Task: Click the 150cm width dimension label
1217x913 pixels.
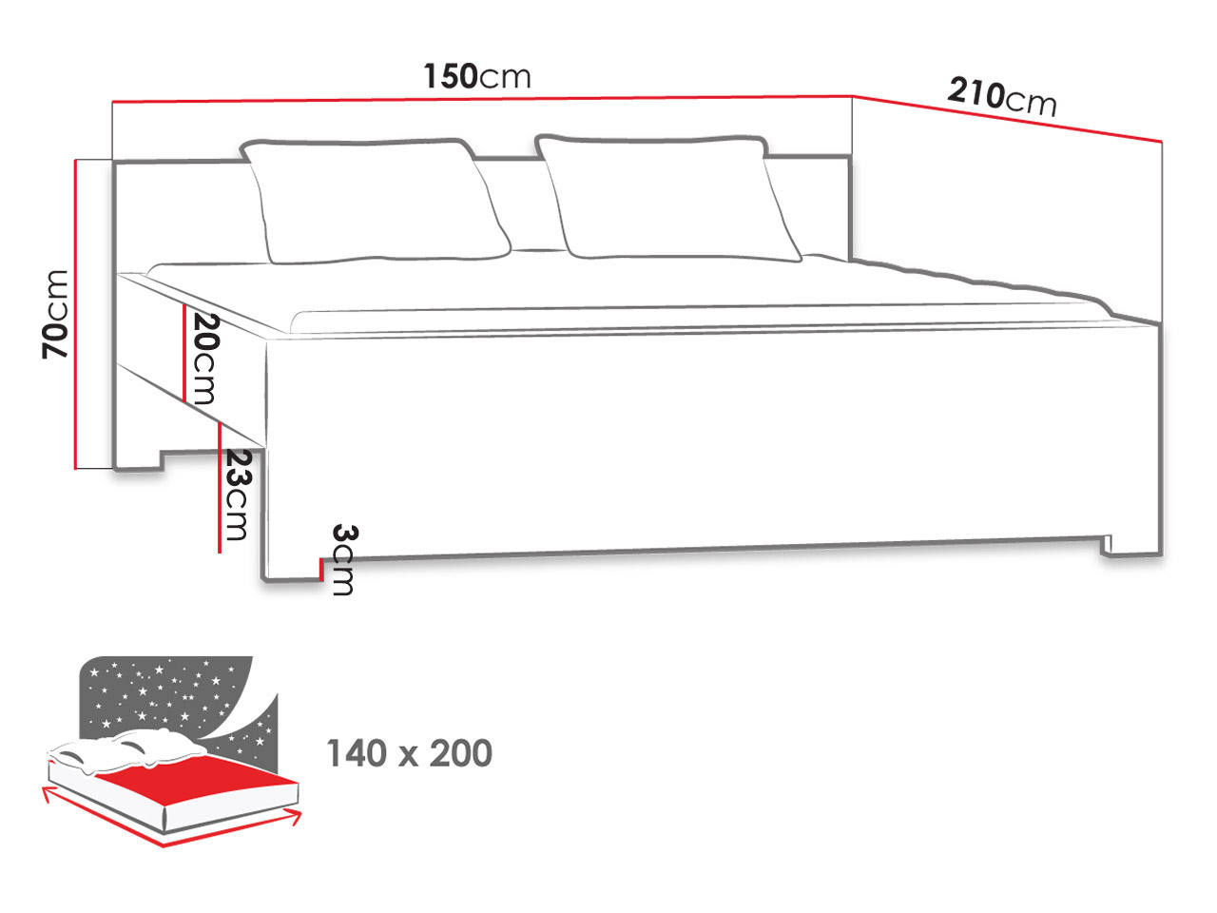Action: [x=477, y=76]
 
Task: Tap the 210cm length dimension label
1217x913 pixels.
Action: [x=1002, y=98]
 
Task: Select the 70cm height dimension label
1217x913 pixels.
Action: [x=55, y=314]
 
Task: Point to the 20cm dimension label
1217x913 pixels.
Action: [x=207, y=359]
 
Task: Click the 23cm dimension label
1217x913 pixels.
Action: [x=239, y=495]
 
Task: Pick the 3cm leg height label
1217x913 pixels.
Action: [x=344, y=560]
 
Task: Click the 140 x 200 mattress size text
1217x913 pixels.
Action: [x=409, y=753]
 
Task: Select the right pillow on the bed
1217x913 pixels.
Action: [x=668, y=198]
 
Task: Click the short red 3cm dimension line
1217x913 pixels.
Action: [x=321, y=570]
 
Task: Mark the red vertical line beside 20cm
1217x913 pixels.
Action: [x=184, y=353]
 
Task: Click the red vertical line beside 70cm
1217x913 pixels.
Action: [x=75, y=314]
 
